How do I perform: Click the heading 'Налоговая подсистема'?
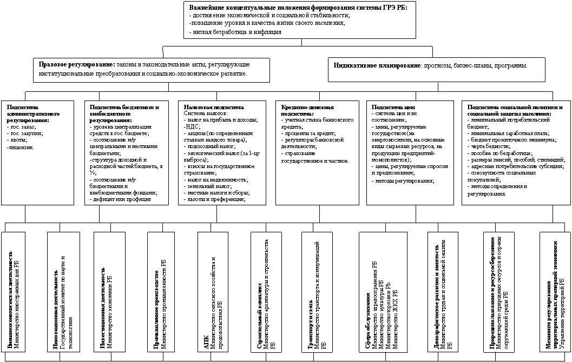(214, 107)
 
